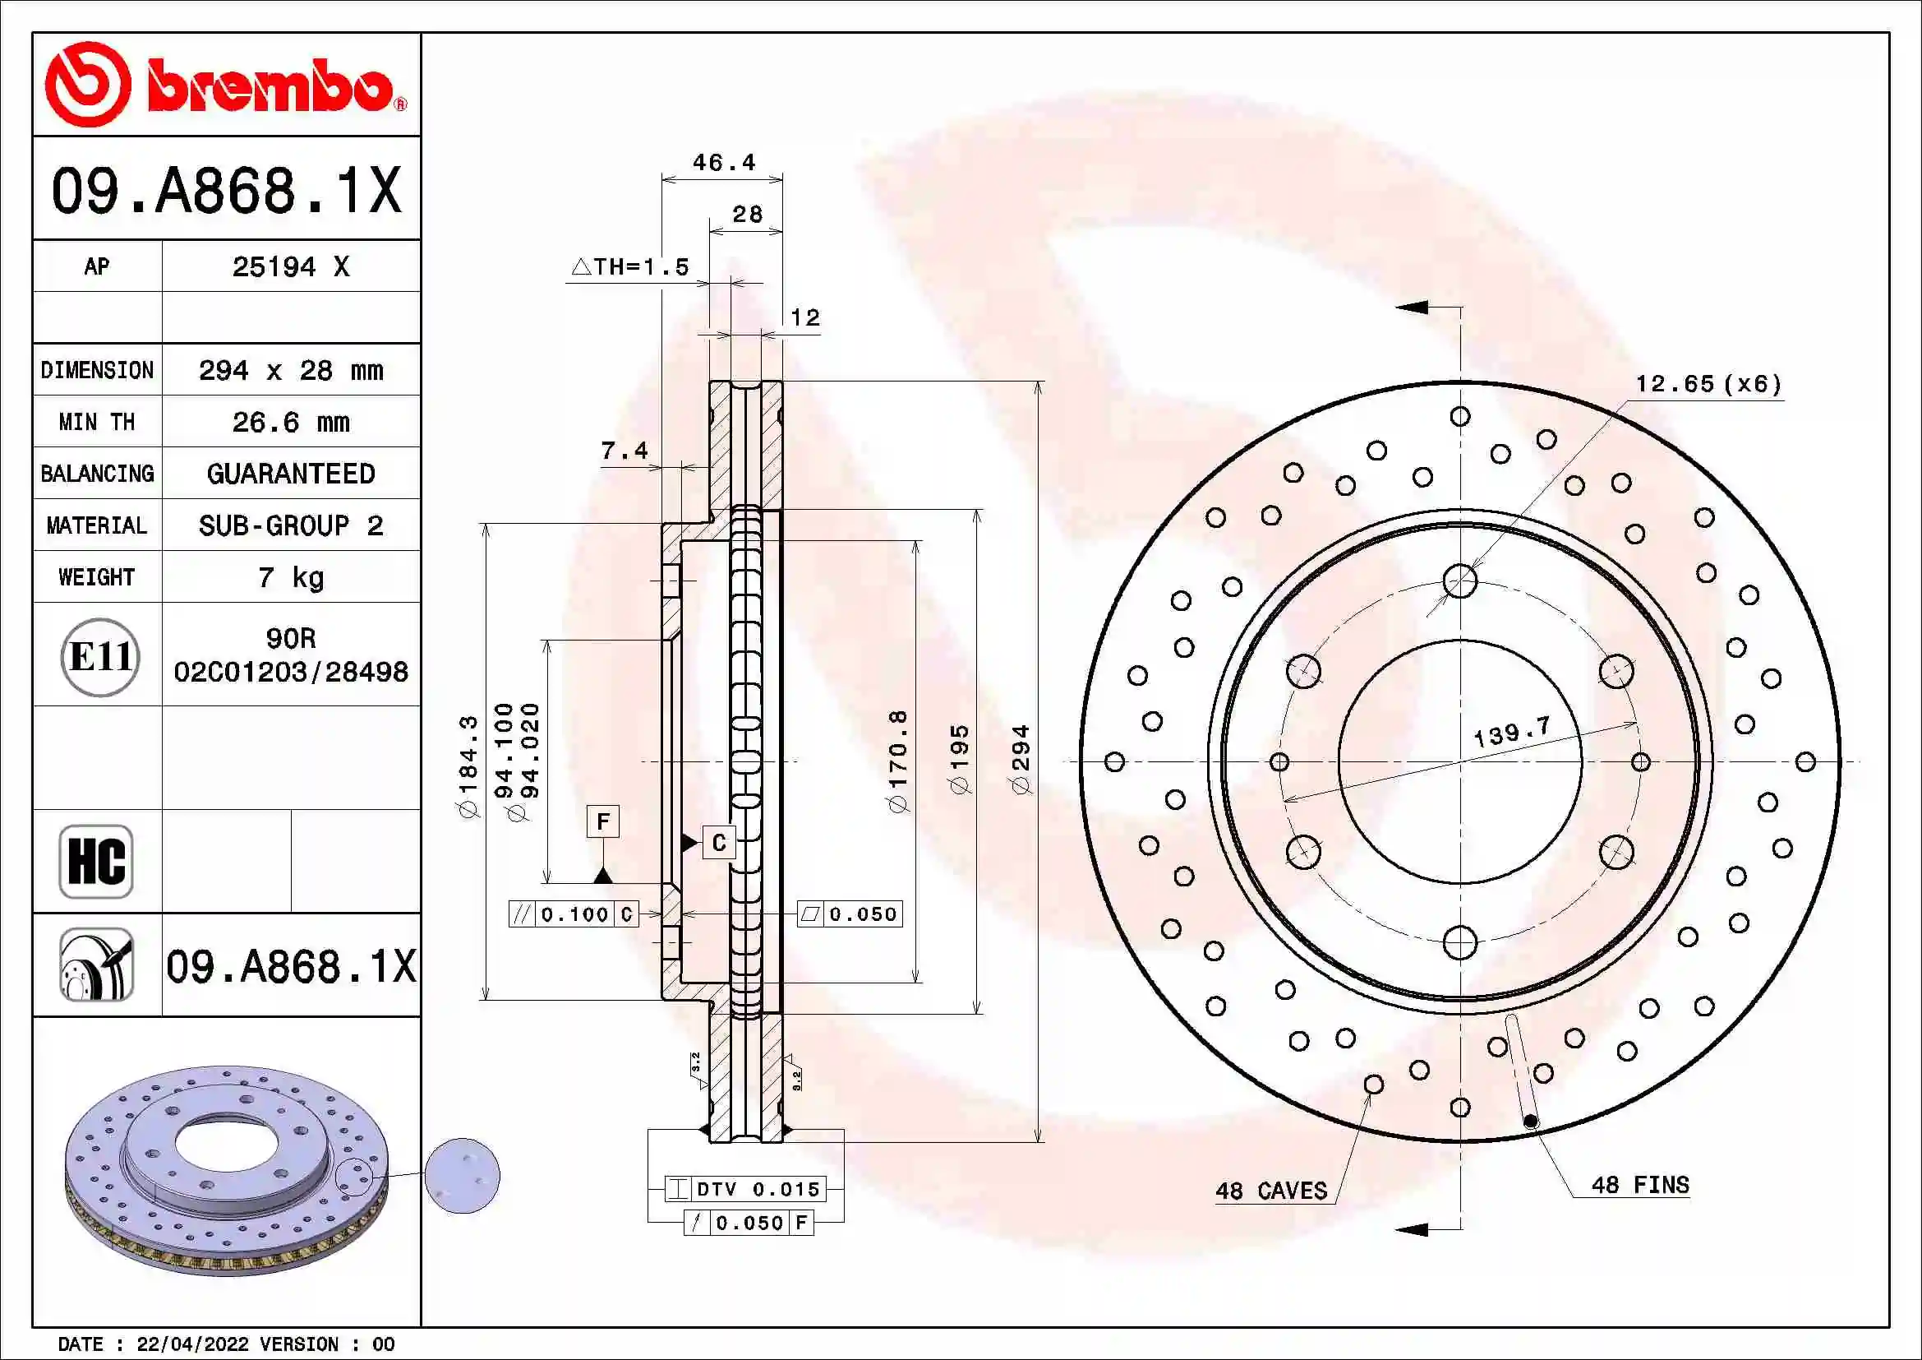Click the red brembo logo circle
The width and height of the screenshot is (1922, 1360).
[87, 85]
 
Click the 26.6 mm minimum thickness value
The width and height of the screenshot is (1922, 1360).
[290, 422]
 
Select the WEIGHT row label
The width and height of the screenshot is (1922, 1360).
[96, 577]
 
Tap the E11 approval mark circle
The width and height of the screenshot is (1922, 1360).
[99, 656]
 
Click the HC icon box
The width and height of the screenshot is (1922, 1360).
[96, 861]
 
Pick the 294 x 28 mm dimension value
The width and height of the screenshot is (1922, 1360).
[290, 370]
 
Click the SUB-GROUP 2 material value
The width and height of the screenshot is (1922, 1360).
[290, 526]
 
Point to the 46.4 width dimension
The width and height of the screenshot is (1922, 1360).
[723, 163]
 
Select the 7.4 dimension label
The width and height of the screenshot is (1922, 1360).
[624, 451]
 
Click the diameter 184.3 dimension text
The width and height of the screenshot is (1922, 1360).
[468, 766]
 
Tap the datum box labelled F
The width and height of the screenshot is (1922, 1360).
[602, 821]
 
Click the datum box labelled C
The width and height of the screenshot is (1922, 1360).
[718, 843]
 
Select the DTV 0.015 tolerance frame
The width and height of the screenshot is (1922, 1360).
[746, 1188]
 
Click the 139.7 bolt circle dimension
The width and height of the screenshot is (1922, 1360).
[1512, 733]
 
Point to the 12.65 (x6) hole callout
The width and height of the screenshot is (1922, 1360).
[1708, 383]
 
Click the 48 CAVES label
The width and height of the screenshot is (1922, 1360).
[1270, 1191]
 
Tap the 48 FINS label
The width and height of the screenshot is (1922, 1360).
[1639, 1185]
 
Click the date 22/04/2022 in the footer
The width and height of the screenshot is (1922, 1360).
[191, 1344]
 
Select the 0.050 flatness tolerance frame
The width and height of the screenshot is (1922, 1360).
[850, 914]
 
